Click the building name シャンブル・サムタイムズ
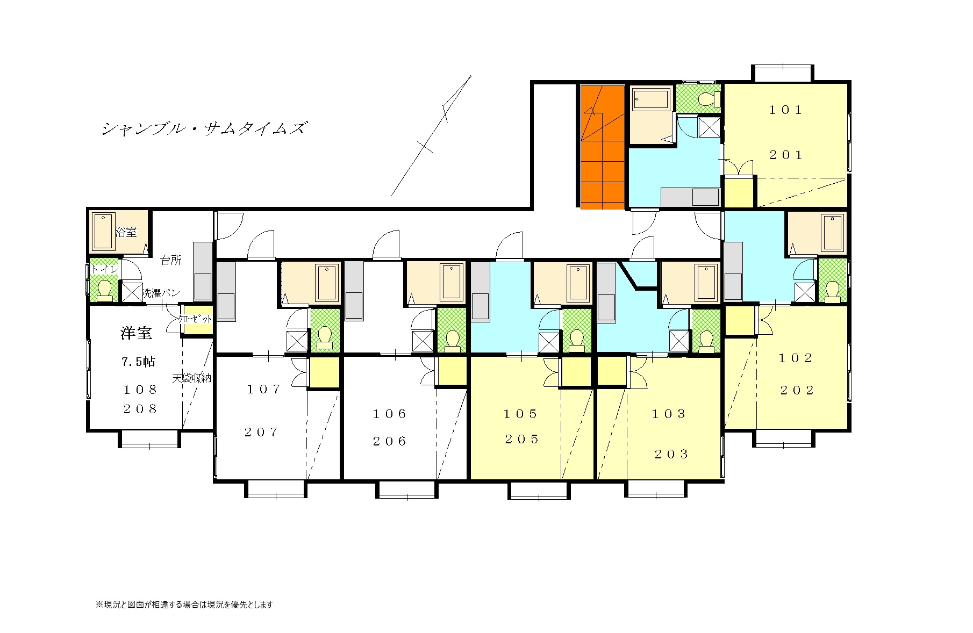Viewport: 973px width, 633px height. coord(204,129)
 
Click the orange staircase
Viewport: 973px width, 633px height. coord(603,147)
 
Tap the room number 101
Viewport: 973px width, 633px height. coord(785,110)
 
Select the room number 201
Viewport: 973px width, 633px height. coord(786,155)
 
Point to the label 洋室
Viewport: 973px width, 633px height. coord(137,333)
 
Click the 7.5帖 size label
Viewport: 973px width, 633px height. coord(138,362)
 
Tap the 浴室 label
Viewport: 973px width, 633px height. coord(126,232)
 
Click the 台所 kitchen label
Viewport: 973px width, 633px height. coord(171,260)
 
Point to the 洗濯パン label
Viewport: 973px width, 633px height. coord(161,293)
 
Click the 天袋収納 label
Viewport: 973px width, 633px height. coord(192,378)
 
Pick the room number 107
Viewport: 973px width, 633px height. coord(264,389)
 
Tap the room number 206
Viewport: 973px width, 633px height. coord(390,441)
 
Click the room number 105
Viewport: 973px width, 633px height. coord(520,414)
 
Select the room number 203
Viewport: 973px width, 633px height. coord(671,455)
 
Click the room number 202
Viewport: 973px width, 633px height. coord(797,390)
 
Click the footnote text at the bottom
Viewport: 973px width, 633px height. coord(184,605)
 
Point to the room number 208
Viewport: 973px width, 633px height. coord(140,409)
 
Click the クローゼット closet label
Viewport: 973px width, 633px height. coord(196,319)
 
